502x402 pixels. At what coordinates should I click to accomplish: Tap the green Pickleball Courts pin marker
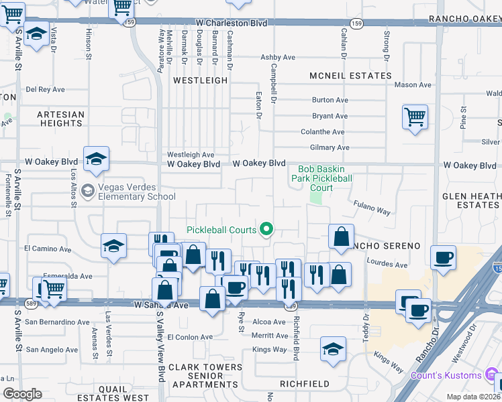[266, 230]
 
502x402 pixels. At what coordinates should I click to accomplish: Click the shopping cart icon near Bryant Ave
[415, 118]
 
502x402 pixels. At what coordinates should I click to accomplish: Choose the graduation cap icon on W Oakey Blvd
[96, 158]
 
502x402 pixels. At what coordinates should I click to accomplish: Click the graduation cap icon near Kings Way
[333, 349]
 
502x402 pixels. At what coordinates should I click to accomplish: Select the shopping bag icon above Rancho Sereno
[342, 236]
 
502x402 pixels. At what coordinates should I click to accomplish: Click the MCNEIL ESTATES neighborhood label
[350, 76]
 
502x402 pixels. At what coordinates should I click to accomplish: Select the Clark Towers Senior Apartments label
[205, 376]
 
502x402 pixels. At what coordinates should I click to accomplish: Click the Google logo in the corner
[22, 394]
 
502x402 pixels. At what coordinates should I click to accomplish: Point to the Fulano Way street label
[372, 211]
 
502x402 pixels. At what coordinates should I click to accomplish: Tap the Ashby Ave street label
[278, 58]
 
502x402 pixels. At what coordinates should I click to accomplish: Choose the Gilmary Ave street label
[330, 147]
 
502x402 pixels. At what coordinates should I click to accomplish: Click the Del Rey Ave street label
[45, 89]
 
